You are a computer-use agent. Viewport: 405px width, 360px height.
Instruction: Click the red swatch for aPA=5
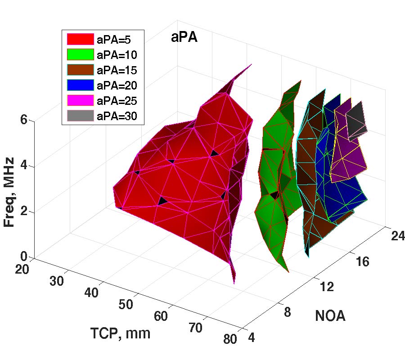point(80,39)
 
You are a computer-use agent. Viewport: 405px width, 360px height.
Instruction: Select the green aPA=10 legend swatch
point(80,54)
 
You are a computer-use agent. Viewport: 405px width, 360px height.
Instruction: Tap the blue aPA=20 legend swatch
point(80,85)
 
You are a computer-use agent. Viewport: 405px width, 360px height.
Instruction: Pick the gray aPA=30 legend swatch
point(80,116)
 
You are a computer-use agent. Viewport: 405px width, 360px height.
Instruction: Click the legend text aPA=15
point(117,70)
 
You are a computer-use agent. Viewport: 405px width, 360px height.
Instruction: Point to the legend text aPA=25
point(117,101)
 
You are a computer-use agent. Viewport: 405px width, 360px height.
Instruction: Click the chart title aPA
point(184,38)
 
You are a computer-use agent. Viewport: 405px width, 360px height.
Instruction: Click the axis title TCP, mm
point(120,333)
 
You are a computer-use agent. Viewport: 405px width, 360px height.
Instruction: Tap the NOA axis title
point(330,316)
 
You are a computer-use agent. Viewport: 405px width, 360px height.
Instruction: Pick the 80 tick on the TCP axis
point(229,339)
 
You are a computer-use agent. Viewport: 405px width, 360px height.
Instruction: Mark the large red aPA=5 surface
point(180,189)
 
